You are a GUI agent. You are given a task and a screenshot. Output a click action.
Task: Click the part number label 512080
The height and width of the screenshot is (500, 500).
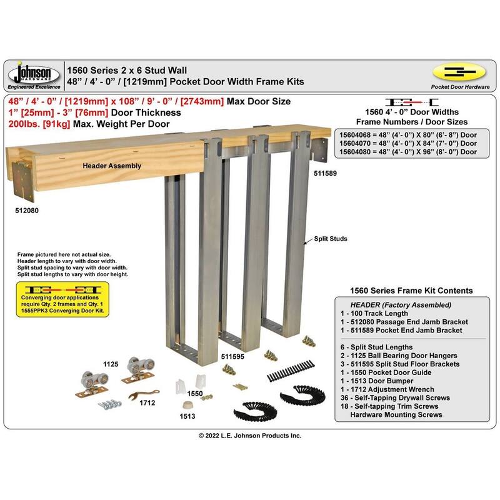(26, 211)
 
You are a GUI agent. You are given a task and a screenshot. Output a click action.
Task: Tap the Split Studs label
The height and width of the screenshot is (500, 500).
(329, 239)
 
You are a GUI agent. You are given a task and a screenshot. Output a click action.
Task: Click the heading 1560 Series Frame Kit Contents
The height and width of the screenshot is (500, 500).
(411, 291)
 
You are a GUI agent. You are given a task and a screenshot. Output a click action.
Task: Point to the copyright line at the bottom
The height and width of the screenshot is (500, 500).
(249, 436)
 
